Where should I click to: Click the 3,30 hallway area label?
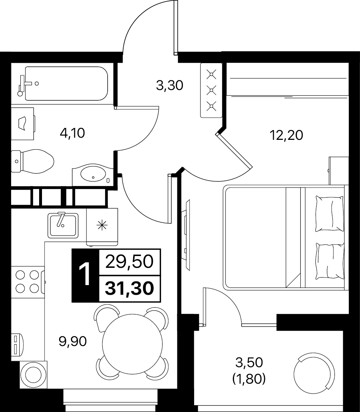(x=170, y=86)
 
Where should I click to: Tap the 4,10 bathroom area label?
(x=72, y=133)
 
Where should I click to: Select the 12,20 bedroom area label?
(x=286, y=135)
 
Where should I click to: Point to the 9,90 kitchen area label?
(x=73, y=342)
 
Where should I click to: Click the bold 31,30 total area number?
(x=129, y=288)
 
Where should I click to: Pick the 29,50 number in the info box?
(x=129, y=262)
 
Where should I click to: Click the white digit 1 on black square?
(x=85, y=275)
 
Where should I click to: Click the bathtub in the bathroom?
(x=66, y=84)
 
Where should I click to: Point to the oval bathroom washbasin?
(x=93, y=175)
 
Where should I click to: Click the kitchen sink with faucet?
(x=63, y=226)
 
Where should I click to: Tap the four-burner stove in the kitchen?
(x=27, y=282)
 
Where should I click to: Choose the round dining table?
(x=132, y=345)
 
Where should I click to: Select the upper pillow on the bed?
(x=329, y=214)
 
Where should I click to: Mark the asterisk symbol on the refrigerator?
(x=102, y=226)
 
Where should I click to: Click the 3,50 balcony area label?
(x=249, y=363)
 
